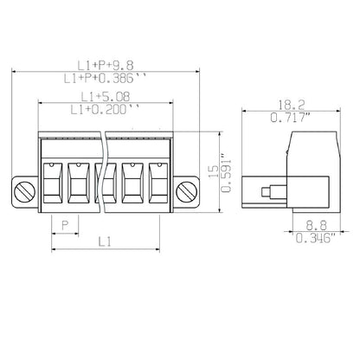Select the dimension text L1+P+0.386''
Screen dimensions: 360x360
tap(106, 79)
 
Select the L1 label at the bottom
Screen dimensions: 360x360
tap(105, 243)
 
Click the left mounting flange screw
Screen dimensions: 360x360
tap(27, 190)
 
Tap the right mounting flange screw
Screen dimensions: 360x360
tap(183, 190)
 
